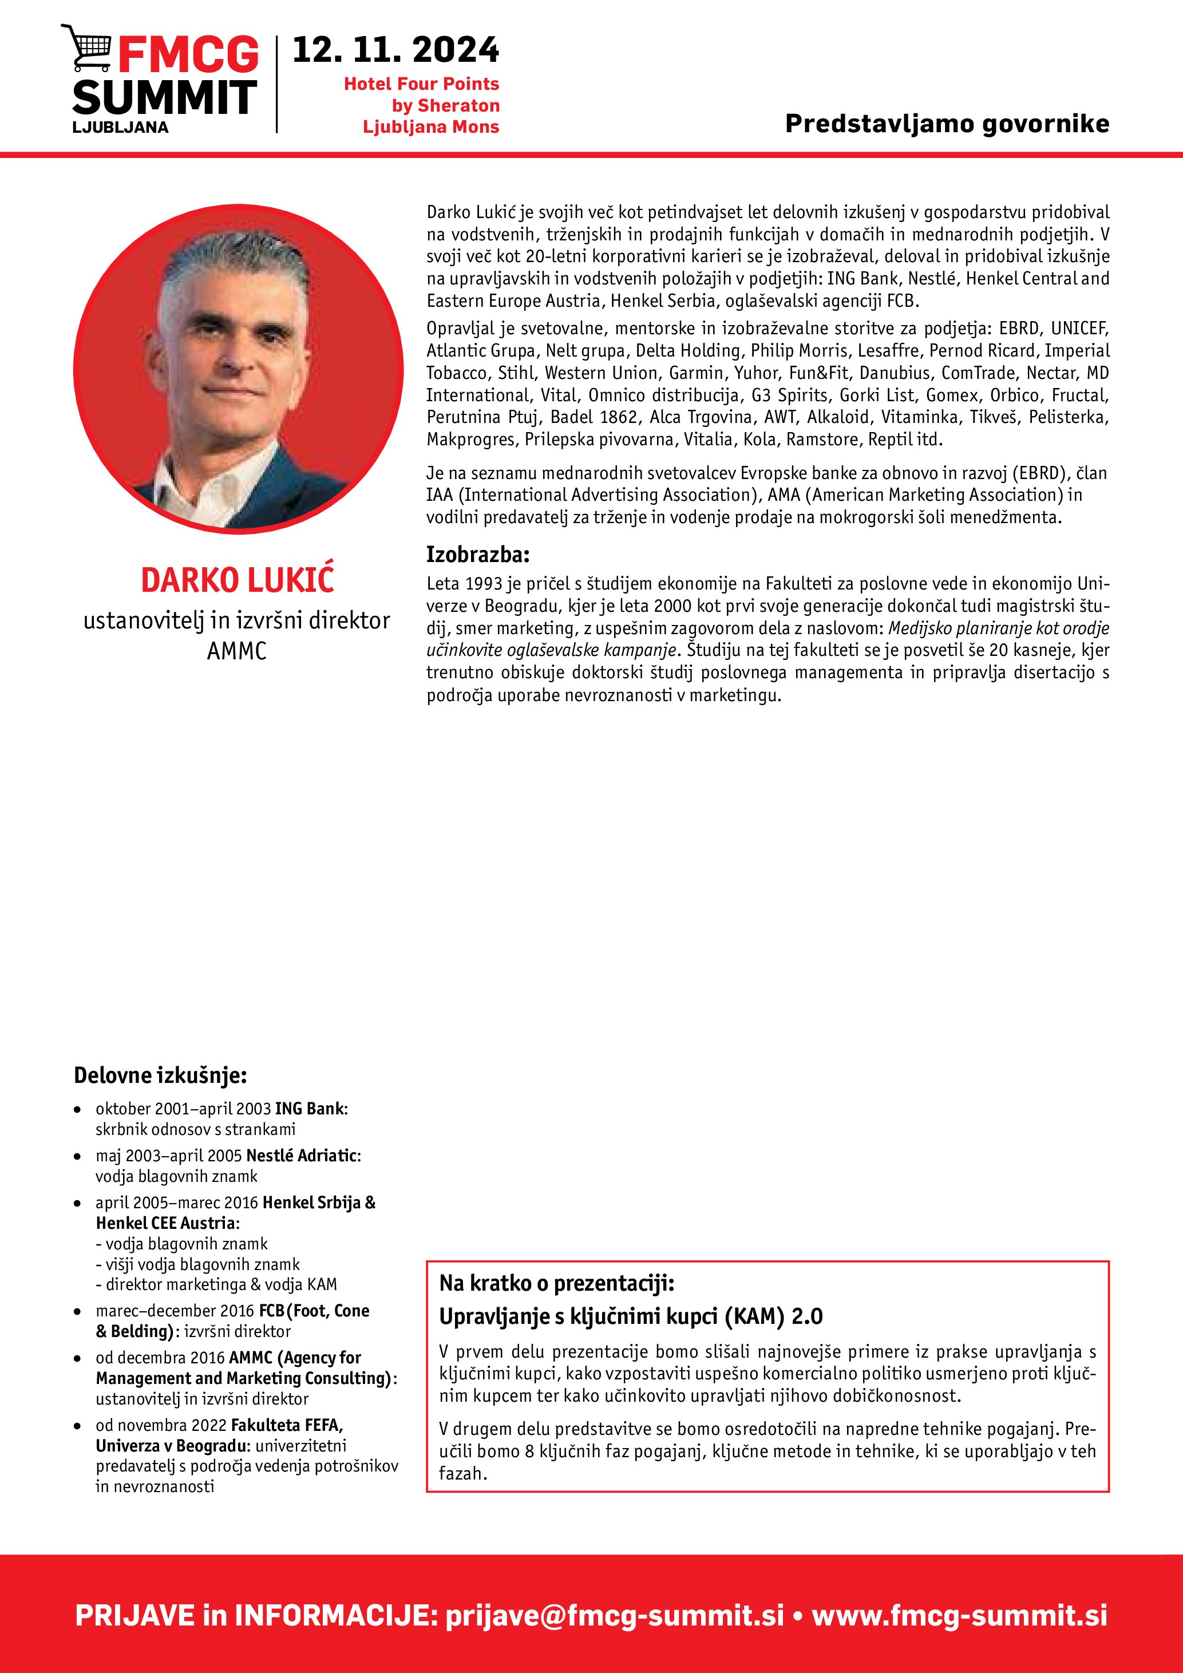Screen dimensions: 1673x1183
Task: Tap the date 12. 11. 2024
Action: (x=395, y=50)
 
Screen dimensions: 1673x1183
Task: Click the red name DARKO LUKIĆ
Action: (x=238, y=580)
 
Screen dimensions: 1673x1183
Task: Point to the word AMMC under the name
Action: (x=237, y=651)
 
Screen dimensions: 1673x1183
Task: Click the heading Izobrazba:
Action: (x=478, y=555)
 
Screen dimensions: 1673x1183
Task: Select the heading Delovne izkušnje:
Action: (x=160, y=1075)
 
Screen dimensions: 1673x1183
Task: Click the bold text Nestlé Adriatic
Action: (x=302, y=1156)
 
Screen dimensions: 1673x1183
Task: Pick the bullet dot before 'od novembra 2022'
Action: (x=77, y=1426)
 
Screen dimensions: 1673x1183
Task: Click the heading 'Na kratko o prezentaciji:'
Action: (x=556, y=1283)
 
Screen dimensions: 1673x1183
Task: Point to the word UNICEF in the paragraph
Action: (x=1079, y=329)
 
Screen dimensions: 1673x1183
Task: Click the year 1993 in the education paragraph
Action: (x=483, y=584)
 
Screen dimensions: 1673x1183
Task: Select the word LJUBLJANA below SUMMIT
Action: (x=120, y=128)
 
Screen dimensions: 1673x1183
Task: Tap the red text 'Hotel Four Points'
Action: (x=421, y=84)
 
